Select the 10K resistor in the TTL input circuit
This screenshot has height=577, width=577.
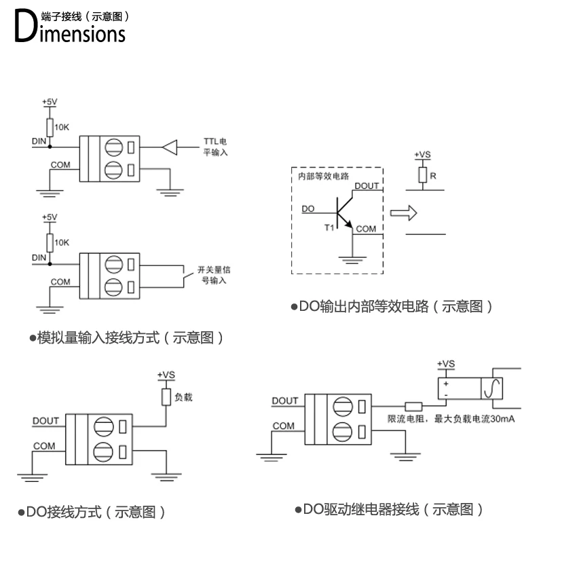pyautogui.click(x=49, y=127)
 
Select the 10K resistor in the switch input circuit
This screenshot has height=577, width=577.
pyautogui.click(x=49, y=242)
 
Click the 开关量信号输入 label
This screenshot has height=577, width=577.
pyautogui.click(x=211, y=274)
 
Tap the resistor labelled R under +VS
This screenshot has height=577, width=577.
pyautogui.click(x=422, y=176)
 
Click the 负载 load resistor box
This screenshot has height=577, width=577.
pyautogui.click(x=166, y=396)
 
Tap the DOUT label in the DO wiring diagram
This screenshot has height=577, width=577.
pyautogui.click(x=45, y=421)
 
